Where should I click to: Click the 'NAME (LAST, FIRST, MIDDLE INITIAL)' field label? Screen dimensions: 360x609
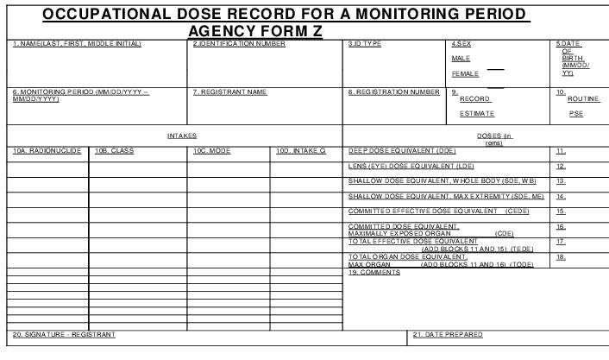coord(77,44)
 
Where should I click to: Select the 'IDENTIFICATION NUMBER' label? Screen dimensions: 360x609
coord(239,44)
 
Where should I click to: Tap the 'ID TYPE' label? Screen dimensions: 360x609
coord(365,44)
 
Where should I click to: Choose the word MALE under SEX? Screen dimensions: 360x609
coord(461,59)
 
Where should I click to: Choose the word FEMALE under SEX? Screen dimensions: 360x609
coord(465,74)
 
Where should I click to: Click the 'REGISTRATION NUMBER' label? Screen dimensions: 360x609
coord(394,92)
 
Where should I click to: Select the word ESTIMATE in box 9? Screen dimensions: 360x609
coord(477,113)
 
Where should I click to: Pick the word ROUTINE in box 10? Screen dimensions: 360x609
coord(583,99)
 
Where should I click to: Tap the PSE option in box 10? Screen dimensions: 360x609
coord(576,113)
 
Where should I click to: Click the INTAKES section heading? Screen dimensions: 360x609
coord(182,136)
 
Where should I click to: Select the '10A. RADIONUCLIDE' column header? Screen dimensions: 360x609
coord(47,151)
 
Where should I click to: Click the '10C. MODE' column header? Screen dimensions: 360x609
coord(211,151)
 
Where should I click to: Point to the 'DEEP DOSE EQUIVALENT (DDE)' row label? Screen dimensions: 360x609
coord(402,151)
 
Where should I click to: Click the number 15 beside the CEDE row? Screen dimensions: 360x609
coord(561,212)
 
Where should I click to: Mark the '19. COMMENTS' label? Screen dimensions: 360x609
coord(374,273)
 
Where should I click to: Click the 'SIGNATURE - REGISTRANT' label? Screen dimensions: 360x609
coord(64,334)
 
